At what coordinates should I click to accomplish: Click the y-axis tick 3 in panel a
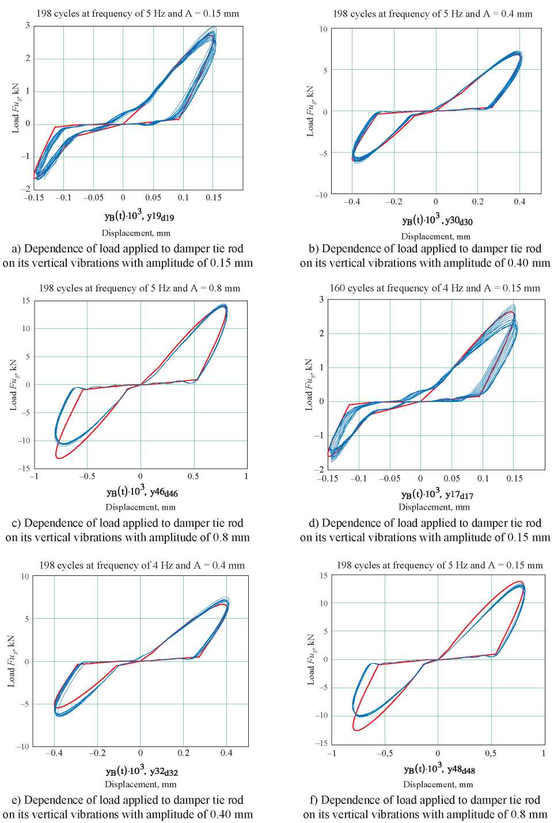coord(28,25)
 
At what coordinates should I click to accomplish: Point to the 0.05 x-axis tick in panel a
coord(153,198)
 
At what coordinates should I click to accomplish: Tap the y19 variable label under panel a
coord(161,217)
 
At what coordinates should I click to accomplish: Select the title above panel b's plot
coord(432,14)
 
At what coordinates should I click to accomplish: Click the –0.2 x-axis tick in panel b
coord(393,202)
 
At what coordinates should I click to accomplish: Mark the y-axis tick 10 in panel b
coord(323,29)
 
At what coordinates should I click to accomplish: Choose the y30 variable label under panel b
coord(458,221)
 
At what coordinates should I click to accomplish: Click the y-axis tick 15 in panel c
coord(26,301)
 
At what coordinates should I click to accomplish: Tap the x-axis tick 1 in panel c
coord(246,476)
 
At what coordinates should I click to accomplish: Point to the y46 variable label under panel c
coord(164,492)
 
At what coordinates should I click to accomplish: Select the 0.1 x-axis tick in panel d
coord(483,479)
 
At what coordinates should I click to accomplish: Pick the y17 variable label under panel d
coord(459,495)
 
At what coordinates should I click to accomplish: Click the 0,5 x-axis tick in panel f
coord(491,753)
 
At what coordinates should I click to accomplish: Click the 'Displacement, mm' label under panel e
coord(141,784)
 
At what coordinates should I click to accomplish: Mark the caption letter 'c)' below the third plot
coord(17,523)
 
